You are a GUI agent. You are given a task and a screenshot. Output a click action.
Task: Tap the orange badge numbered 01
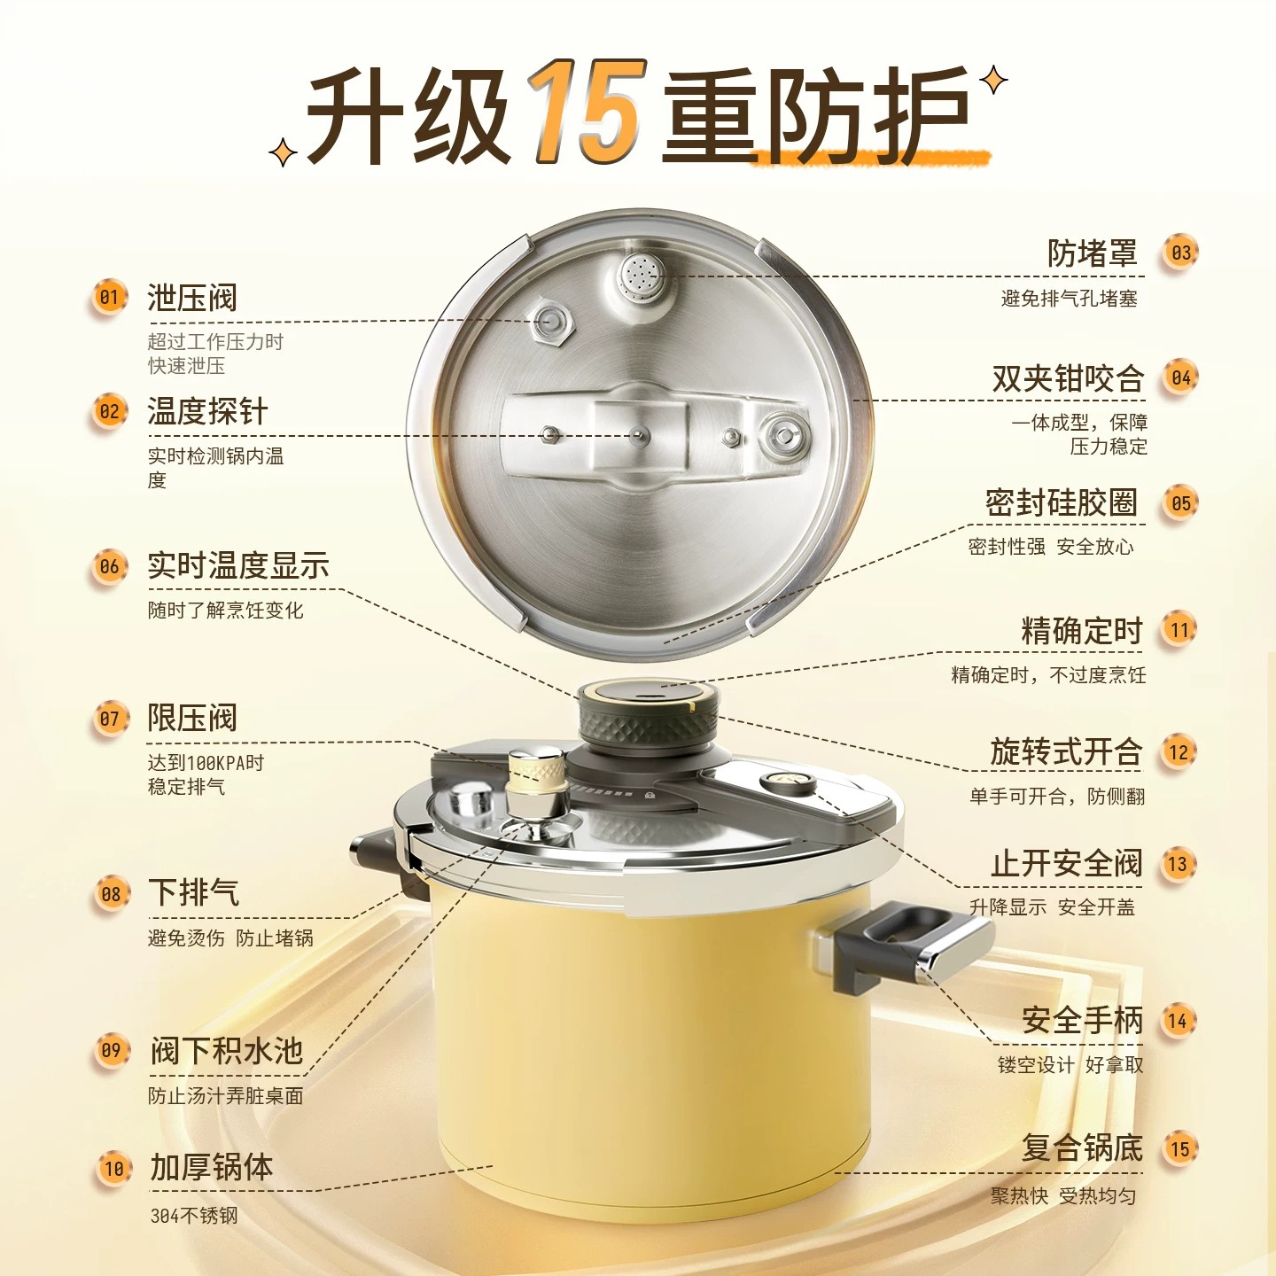109,298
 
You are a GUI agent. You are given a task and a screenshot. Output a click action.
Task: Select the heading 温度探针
207,411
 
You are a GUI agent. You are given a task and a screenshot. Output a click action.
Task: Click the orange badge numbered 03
1180,253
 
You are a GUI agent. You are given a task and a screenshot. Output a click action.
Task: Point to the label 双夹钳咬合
1068,378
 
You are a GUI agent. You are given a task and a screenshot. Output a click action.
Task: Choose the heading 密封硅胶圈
1061,502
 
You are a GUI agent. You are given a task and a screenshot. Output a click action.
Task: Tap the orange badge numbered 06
109,567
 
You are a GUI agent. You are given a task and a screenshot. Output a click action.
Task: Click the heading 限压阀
192,718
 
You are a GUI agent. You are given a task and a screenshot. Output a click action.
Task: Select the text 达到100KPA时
206,763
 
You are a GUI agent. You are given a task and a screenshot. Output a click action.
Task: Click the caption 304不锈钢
193,1216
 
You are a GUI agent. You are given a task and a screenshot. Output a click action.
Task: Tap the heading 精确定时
1082,630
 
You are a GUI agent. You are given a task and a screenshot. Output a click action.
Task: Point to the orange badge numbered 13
1178,864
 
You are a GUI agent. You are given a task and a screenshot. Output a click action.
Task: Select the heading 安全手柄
1082,1020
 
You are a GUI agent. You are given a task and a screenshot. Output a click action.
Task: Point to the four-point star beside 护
992,81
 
